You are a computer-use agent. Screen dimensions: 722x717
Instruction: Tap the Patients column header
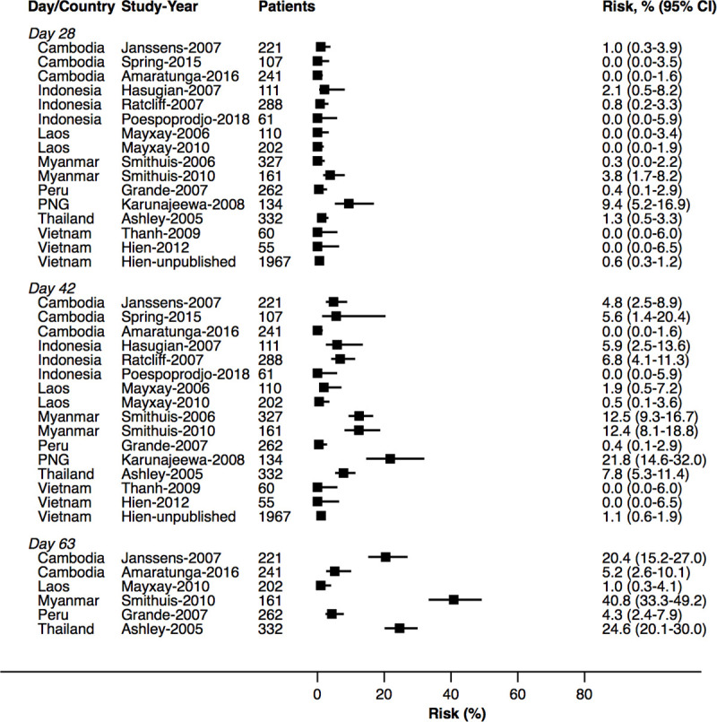(286, 8)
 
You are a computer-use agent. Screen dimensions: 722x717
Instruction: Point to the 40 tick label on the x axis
(451, 692)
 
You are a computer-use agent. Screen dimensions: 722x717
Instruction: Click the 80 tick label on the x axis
(584, 692)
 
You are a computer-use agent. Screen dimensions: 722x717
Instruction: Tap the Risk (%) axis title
(451, 712)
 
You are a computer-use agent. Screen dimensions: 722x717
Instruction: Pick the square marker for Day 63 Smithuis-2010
(454, 599)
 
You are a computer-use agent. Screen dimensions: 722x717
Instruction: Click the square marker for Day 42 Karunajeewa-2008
(390, 458)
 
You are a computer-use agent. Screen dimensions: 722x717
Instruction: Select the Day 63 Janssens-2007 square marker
(385, 557)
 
